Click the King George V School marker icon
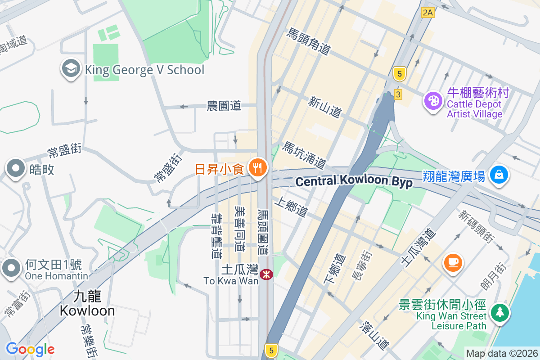(70, 69)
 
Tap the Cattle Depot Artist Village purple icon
(433, 101)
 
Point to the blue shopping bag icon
(499, 175)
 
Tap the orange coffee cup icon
(453, 262)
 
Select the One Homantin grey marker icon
(11, 268)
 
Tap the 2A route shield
(427, 13)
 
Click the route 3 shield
(398, 94)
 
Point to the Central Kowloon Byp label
(354, 181)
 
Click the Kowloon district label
(87, 303)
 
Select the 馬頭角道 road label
(309, 42)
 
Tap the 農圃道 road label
(224, 106)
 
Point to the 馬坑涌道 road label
(304, 156)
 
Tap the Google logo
(30, 349)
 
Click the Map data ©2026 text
(501, 353)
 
